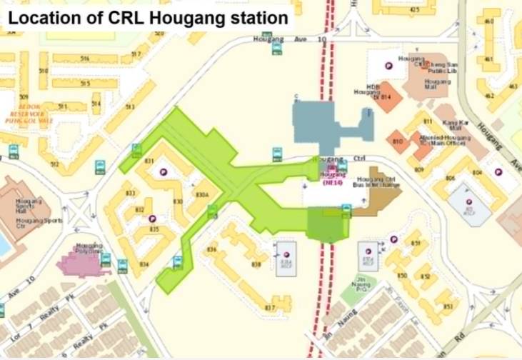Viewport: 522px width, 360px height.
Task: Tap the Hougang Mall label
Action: pyautogui.click(x=437, y=85)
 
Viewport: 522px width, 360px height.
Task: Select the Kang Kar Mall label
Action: pyautogui.click(x=455, y=123)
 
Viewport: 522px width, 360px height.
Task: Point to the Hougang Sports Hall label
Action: pyautogui.click(x=29, y=206)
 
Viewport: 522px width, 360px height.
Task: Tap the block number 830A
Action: pyautogui.click(x=202, y=194)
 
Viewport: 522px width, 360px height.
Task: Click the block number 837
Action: pyautogui.click(x=269, y=308)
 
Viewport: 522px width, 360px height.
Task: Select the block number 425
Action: pyautogui.click(x=414, y=9)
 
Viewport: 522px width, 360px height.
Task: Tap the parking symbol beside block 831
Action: pyautogui.click(x=163, y=172)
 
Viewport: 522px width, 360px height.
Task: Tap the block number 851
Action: pyautogui.click(x=416, y=244)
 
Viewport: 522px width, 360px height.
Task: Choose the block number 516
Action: pyautogui.click(x=85, y=59)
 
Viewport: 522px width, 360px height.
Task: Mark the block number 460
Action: pyautogui.click(x=489, y=21)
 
